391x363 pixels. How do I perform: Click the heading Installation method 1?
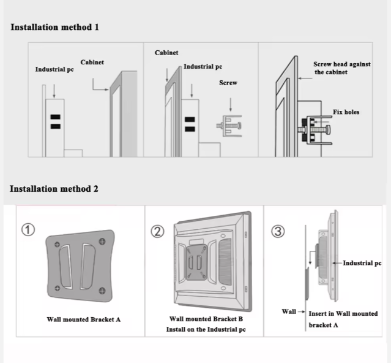tap(54, 28)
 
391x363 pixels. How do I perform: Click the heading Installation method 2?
tap(54, 189)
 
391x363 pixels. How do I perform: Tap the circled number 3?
tap(277, 232)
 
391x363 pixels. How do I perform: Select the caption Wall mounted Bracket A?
tap(84, 319)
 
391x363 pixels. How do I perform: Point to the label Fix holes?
tap(346, 112)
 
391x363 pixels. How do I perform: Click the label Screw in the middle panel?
tap(228, 83)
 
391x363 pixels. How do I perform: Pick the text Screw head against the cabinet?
tap(341, 67)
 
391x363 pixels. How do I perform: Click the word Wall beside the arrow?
tap(289, 312)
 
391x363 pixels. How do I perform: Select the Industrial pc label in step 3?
tap(362, 263)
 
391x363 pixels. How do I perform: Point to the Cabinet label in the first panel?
tap(92, 63)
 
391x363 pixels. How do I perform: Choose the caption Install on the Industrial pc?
tap(206, 330)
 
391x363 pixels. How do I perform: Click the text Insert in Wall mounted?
tap(343, 313)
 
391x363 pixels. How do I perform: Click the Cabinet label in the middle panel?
tap(166, 53)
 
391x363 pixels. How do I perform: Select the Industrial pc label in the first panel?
tap(54, 69)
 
